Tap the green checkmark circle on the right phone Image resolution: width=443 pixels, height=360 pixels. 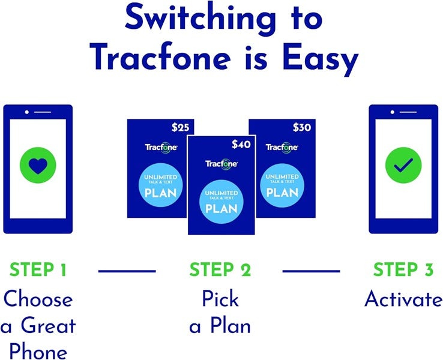click(403, 164)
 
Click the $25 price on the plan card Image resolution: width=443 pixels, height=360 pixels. click(179, 127)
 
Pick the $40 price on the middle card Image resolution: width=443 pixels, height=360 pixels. click(241, 144)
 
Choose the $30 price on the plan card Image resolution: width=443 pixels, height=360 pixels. click(302, 127)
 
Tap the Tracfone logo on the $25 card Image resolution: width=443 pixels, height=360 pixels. click(160, 148)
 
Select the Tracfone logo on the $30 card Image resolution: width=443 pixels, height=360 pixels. click(282, 148)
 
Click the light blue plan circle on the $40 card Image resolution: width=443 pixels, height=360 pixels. click(221, 201)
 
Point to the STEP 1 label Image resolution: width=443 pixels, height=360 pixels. click(38, 271)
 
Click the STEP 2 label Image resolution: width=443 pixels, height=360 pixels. click(220, 271)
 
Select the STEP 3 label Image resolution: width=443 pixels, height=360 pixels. click(403, 271)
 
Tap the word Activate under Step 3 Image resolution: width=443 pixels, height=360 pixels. click(403, 299)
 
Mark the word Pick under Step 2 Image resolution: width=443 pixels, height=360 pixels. click(220, 299)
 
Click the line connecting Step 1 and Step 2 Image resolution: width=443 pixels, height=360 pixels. click(127, 271)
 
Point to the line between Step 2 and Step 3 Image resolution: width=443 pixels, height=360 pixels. click(311, 271)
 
